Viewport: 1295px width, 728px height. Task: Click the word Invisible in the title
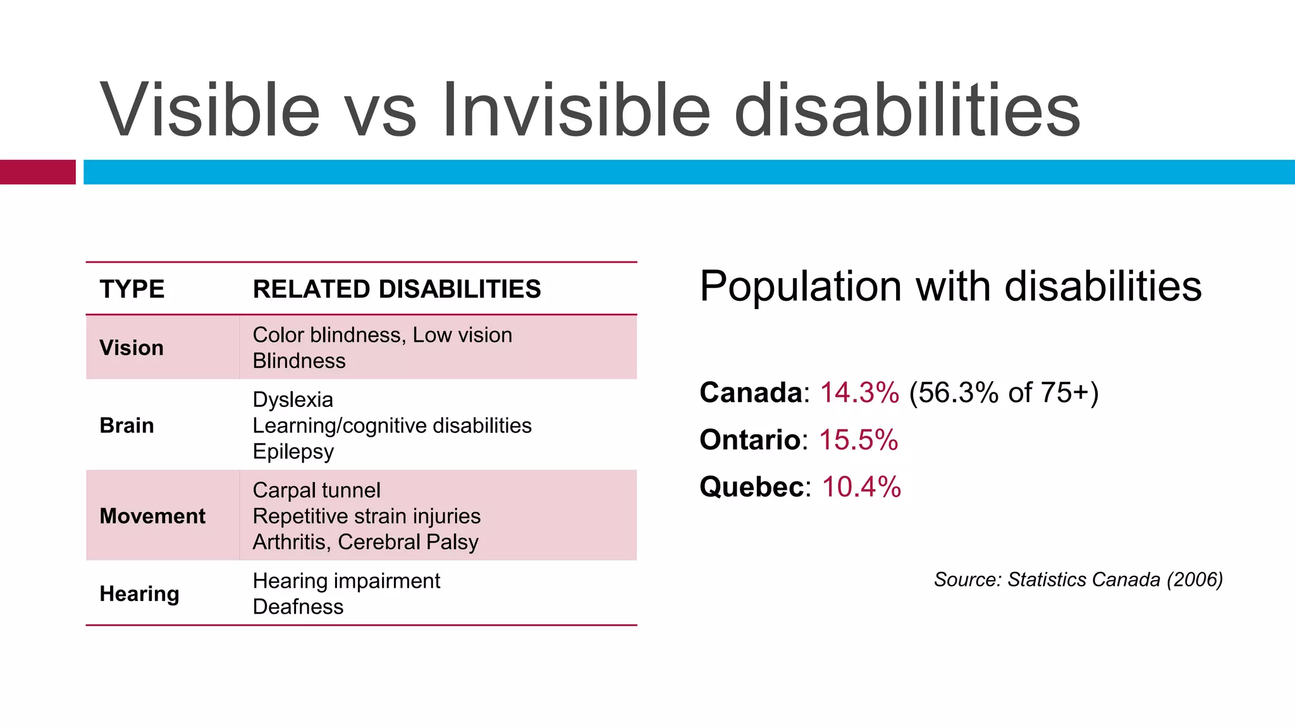[576, 111]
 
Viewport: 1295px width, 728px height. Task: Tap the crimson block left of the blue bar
[37, 172]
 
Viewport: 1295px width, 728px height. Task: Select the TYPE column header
[132, 289]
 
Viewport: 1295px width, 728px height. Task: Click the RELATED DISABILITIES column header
[396, 289]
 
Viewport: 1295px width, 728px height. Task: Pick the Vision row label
[132, 348]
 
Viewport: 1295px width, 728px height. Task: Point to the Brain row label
[126, 425]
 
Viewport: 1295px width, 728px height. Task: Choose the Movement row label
[152, 516]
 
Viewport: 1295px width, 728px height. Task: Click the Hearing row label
[139, 593]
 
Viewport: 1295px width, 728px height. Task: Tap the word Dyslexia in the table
[293, 399]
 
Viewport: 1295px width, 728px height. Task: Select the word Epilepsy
[293, 451]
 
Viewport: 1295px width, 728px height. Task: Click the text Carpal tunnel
[316, 490]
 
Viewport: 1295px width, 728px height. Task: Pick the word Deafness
[298, 607]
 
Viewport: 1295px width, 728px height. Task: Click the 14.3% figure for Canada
[859, 392]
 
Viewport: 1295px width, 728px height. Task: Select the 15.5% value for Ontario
[858, 440]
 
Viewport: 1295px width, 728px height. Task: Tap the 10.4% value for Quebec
[861, 487]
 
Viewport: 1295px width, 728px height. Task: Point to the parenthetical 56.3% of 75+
[1003, 392]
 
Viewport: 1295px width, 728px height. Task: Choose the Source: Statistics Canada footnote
[1078, 579]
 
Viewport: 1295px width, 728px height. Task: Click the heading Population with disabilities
[950, 286]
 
